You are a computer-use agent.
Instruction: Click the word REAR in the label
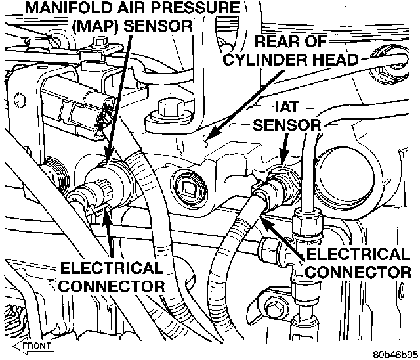tap(279, 41)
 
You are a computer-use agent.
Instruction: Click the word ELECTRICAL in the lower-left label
tap(112, 269)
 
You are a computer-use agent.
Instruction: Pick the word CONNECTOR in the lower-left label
tap(112, 286)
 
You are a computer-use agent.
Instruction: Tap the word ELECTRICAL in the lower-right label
tap(358, 254)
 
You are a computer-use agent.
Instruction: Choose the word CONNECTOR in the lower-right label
tap(358, 271)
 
